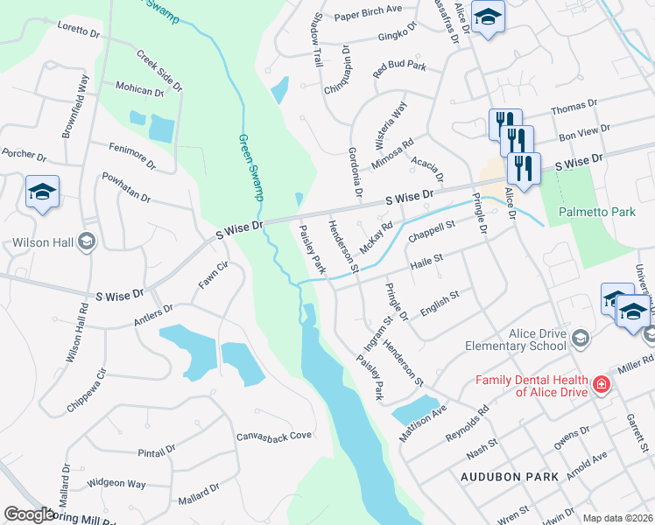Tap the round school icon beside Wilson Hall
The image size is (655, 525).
click(86, 241)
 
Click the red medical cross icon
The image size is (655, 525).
click(601, 384)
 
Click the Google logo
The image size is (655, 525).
click(28, 515)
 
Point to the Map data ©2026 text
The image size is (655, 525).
click(617, 518)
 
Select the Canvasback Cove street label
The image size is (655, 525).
click(274, 436)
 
